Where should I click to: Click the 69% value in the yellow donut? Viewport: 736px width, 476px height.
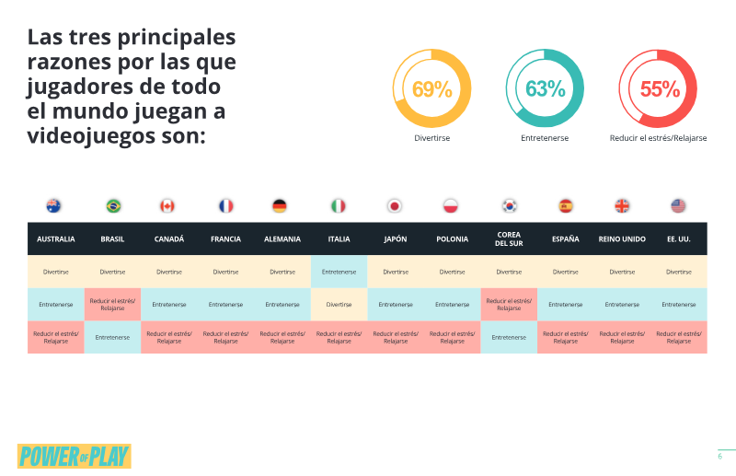pos(431,89)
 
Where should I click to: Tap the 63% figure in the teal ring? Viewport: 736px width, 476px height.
pos(545,88)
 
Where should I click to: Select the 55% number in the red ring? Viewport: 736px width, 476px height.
pos(660,89)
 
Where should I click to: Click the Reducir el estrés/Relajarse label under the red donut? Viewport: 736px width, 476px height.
pos(658,138)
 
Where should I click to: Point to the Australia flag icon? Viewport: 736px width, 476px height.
pos(53,206)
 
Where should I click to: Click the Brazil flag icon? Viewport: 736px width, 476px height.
pos(113,206)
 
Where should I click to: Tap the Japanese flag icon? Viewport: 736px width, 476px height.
pos(395,206)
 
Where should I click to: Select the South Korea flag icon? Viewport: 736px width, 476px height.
pos(510,206)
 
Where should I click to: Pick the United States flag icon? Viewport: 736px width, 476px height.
pos(678,206)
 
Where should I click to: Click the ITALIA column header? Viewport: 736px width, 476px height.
pos(339,239)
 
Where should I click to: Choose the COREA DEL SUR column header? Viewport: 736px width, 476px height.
pos(509,238)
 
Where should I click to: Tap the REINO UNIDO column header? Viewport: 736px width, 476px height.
pos(622,239)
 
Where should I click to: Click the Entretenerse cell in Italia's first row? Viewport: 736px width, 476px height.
pos(339,272)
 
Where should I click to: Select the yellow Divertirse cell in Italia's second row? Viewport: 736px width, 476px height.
pos(339,305)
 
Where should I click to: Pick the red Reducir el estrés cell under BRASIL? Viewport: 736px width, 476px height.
pos(112,305)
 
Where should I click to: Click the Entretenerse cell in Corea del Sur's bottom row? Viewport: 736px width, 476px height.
pos(509,337)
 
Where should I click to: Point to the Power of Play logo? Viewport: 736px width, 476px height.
pos(75,457)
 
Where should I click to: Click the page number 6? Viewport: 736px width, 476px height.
pos(719,457)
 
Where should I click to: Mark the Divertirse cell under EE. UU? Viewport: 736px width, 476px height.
pos(679,272)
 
